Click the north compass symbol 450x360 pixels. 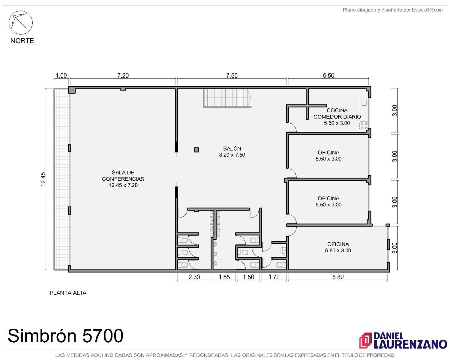[x=20, y=22]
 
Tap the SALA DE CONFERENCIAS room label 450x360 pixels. [x=123, y=179]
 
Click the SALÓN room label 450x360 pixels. [x=232, y=152]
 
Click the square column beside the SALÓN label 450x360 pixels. [x=196, y=150]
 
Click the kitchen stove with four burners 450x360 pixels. [x=364, y=126]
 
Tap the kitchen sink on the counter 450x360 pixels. [x=364, y=102]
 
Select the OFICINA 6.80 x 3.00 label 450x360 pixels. [x=338, y=247]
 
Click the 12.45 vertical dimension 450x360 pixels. [x=43, y=179]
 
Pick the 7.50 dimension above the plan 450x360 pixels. [x=232, y=76]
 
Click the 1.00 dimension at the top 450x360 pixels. [x=61, y=76]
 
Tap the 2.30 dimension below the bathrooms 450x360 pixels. [x=194, y=277]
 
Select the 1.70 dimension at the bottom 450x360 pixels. [x=274, y=277]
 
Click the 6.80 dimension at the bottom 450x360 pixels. [x=338, y=277]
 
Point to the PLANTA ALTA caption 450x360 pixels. [x=68, y=293]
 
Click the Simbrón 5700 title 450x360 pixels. [x=65, y=335]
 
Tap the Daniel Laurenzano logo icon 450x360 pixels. [x=365, y=340]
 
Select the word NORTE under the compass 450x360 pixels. [x=22, y=40]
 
